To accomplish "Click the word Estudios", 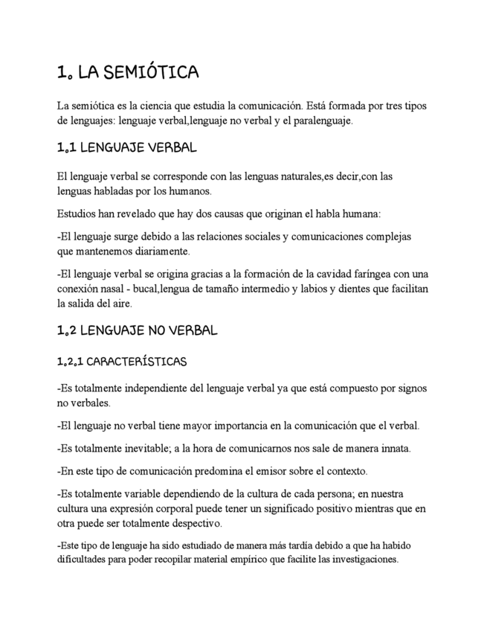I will [77, 214].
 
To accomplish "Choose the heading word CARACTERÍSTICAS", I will [140, 362].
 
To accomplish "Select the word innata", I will [393, 449].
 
